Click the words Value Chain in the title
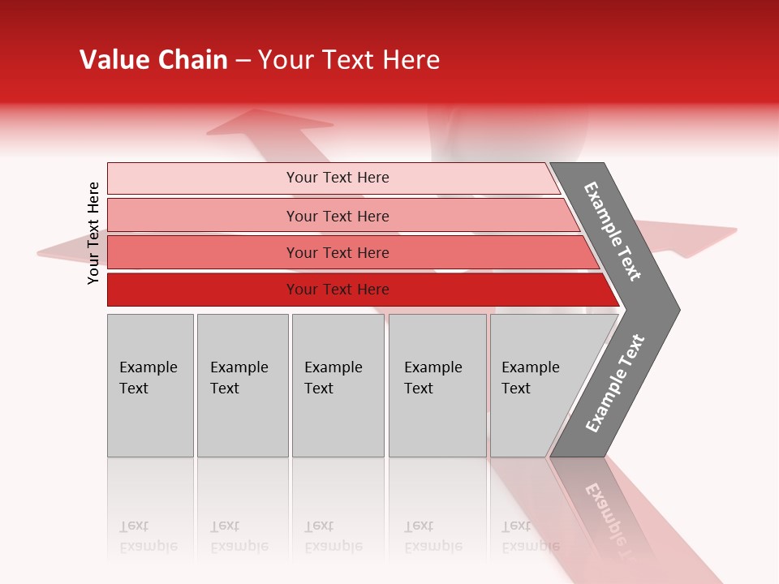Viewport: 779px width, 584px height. coord(153,60)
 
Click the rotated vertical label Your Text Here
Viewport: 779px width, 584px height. coord(93,233)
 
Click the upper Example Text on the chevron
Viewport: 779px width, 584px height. coord(613,231)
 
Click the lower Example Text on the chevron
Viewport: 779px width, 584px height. coord(614,384)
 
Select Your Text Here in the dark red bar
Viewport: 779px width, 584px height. coord(338,290)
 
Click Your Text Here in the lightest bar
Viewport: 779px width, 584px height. coord(338,178)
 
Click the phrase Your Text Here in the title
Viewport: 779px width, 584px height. coord(349,60)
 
